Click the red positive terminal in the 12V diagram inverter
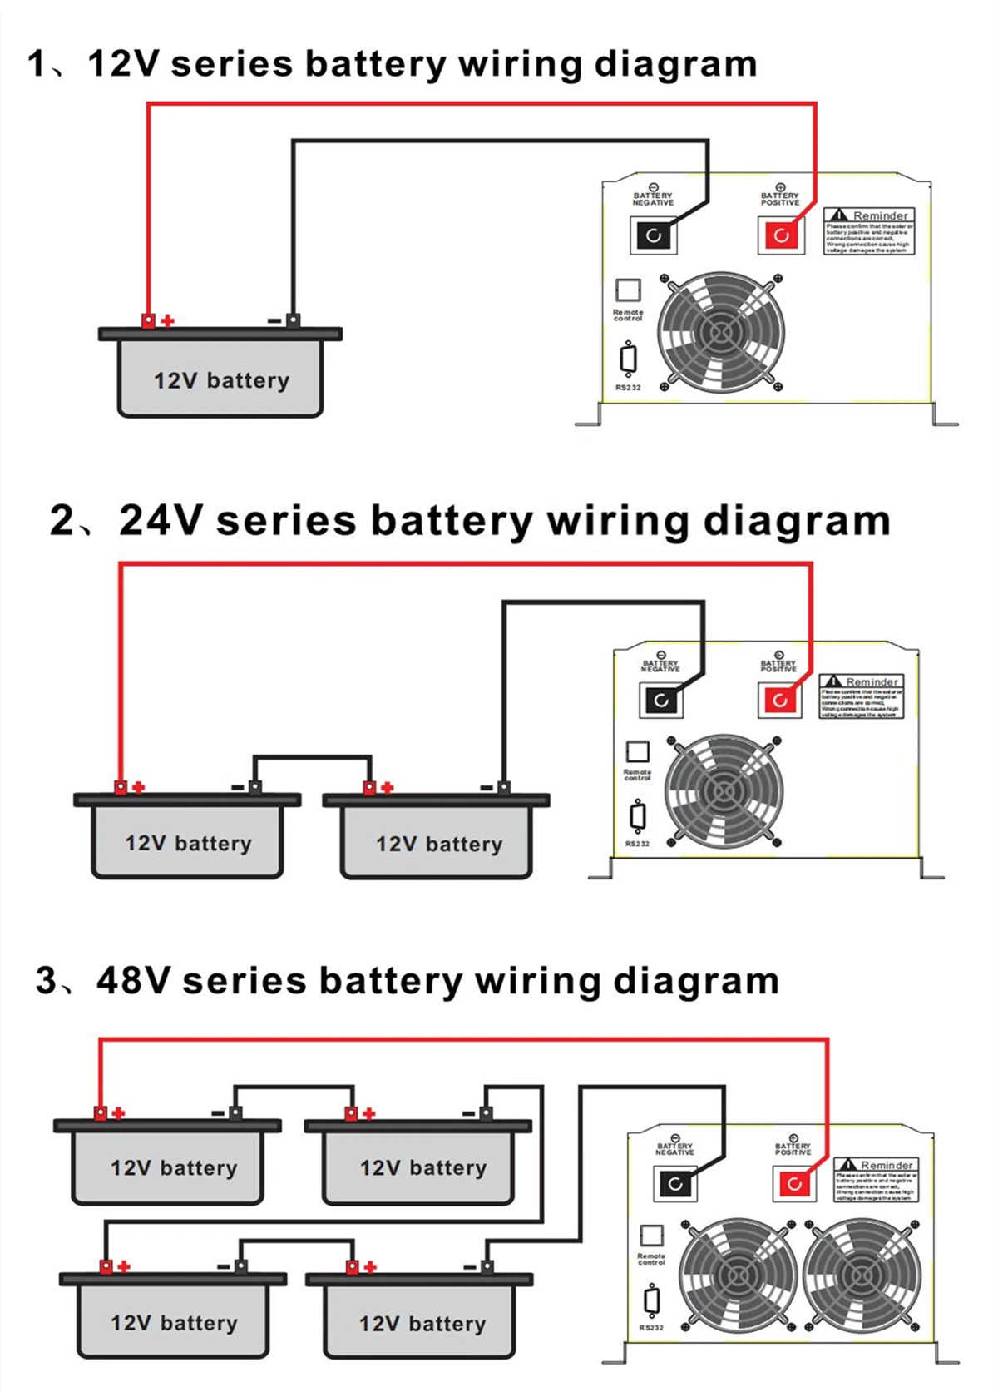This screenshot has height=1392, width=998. (781, 235)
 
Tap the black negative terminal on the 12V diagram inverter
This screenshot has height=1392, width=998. (653, 235)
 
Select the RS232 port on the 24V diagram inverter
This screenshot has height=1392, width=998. (638, 816)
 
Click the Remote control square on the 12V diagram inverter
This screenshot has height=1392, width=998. (628, 290)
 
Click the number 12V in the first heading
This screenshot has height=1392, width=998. (122, 64)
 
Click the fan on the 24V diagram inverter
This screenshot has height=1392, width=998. (724, 791)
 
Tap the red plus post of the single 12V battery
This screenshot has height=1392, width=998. (148, 320)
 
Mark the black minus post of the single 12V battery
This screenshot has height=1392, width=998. (293, 320)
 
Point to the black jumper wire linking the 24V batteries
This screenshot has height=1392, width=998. (312, 757)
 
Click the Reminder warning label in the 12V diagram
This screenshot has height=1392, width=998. (869, 231)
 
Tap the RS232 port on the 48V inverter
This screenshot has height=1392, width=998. (652, 1300)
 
